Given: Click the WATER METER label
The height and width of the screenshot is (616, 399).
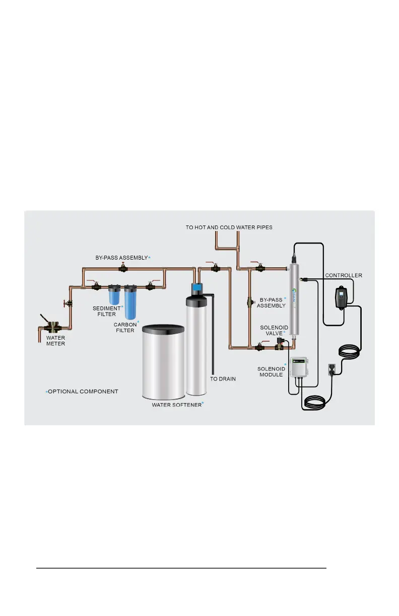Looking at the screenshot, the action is (55, 341).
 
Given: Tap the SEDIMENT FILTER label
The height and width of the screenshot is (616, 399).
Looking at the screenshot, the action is (106, 311).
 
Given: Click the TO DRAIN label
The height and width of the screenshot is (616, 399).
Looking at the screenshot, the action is (223, 378).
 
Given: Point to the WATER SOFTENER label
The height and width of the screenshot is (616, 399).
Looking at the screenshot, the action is (176, 404).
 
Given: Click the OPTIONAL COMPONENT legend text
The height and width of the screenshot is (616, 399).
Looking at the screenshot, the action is (83, 392).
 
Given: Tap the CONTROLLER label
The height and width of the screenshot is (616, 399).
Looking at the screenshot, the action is (344, 275).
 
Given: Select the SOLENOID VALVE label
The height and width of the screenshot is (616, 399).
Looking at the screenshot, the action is (274, 330).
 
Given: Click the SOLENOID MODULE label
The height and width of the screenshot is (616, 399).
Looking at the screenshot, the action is (272, 372).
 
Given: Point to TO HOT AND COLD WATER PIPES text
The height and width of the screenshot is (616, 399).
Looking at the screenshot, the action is (229, 227).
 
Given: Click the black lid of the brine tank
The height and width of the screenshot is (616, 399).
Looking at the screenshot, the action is (162, 330).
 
